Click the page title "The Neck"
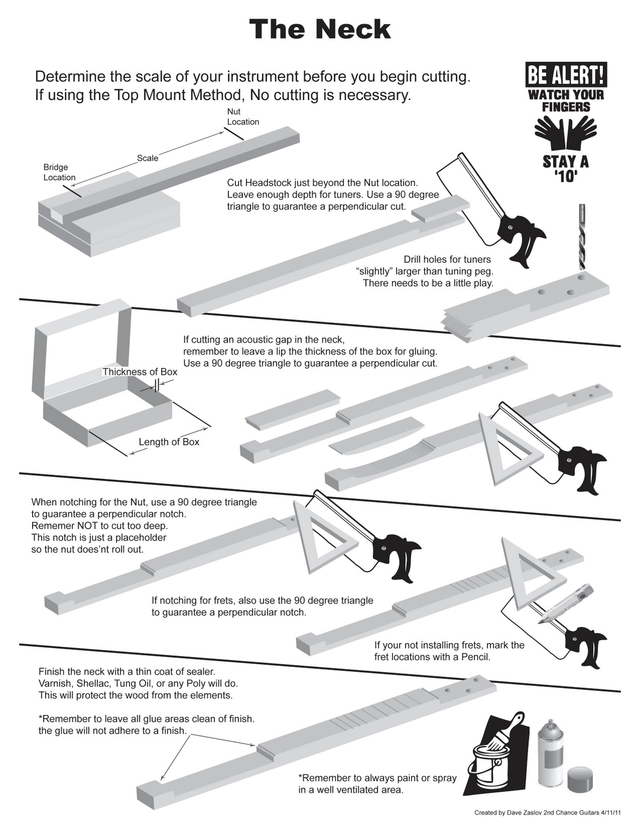(x=319, y=30)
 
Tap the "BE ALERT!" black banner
(x=565, y=75)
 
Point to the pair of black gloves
(x=565, y=133)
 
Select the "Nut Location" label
(x=243, y=117)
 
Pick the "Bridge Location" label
(x=59, y=172)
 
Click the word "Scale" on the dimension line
(x=148, y=158)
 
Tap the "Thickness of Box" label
(x=140, y=372)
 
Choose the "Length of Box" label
(x=169, y=442)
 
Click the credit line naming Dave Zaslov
(x=547, y=812)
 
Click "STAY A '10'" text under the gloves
(x=565, y=169)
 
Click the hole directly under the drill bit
(x=583, y=277)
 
